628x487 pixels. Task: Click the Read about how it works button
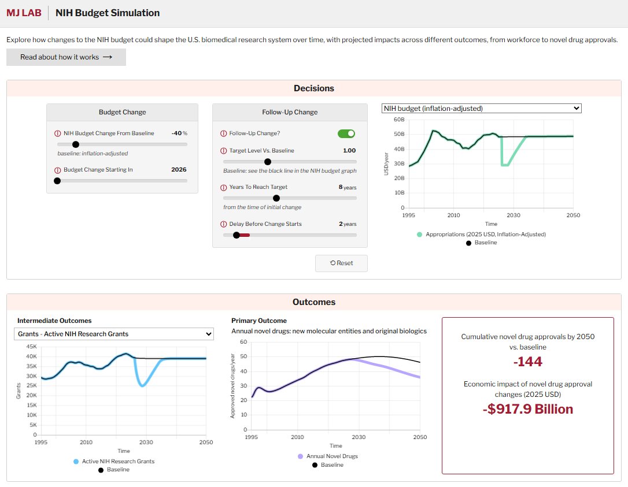[66, 57]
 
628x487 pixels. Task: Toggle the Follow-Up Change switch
[346, 133]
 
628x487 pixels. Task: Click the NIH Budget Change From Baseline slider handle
[75, 144]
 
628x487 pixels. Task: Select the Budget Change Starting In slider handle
[57, 181]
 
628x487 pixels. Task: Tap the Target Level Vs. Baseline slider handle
[267, 162]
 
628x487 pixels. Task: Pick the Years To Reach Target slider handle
[276, 198]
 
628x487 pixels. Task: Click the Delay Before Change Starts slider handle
[236, 235]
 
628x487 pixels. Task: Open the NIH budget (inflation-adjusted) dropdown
[481, 108]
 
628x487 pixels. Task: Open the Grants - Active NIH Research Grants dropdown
[113, 334]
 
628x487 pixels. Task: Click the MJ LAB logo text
[24, 13]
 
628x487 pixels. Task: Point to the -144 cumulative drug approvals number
[527, 362]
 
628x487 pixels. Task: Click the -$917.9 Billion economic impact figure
[527, 409]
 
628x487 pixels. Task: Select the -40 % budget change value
[179, 133]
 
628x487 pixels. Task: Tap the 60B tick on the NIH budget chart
[398, 120]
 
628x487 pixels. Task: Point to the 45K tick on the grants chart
[29, 347]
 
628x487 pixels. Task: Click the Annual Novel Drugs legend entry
[331, 456]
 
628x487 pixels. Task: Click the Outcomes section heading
[313, 302]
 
